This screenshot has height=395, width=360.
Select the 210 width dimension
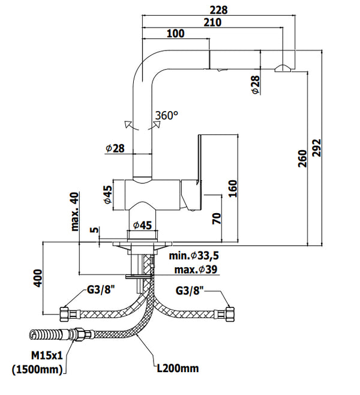(x=212, y=22)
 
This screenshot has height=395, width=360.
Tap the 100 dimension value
(x=175, y=34)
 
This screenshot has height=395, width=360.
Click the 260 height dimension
(x=302, y=157)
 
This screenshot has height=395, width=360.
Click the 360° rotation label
(x=167, y=115)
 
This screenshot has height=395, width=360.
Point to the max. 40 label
(x=75, y=211)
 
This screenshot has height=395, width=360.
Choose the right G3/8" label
(x=191, y=291)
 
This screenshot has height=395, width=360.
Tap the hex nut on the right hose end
(x=229, y=313)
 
